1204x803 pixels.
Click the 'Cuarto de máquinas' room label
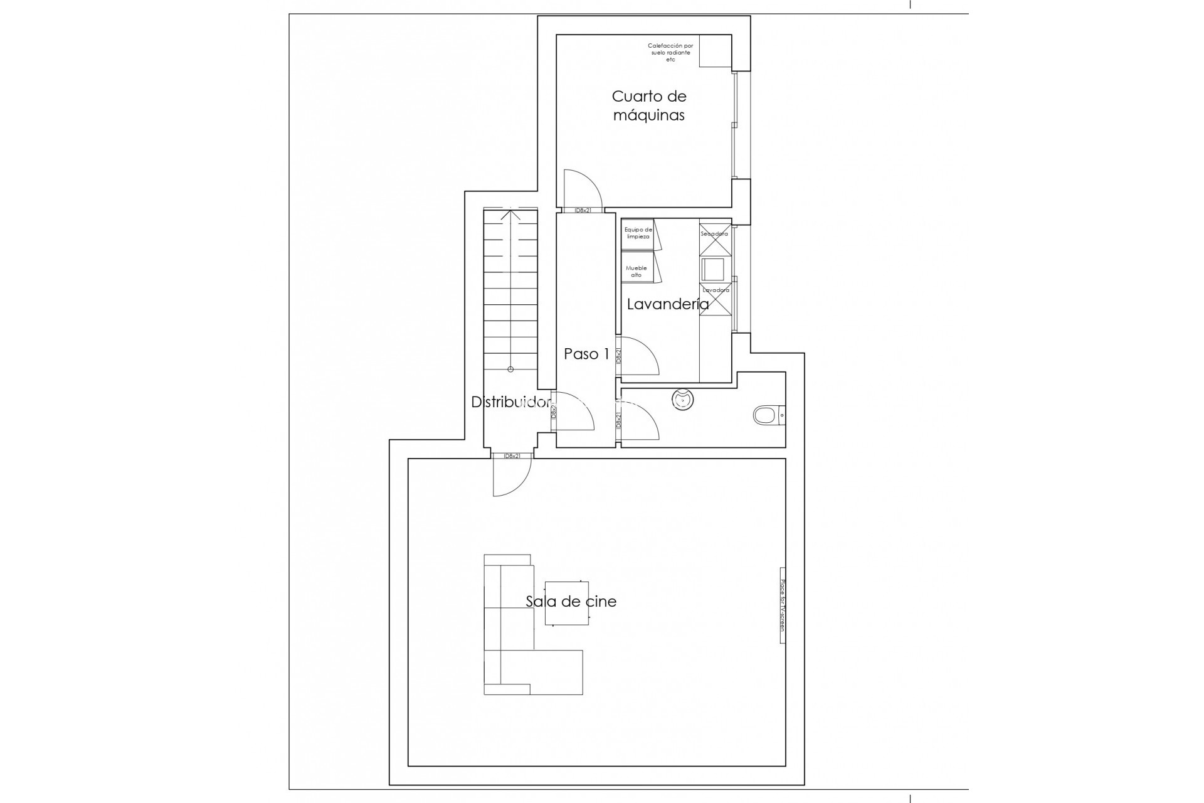(649, 105)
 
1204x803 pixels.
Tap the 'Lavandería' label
(668, 304)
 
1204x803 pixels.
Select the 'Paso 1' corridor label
(586, 354)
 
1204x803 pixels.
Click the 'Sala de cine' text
(571, 601)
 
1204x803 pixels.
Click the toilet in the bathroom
(765, 415)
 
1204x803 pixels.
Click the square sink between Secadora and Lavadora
(713, 269)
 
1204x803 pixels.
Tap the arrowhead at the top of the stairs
(510, 213)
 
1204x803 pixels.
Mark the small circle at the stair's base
(510, 370)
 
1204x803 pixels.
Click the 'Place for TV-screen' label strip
(783, 605)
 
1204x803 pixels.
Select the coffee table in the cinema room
(566, 603)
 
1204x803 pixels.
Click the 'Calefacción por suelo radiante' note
(670, 53)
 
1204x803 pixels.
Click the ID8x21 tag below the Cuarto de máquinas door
(583, 211)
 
